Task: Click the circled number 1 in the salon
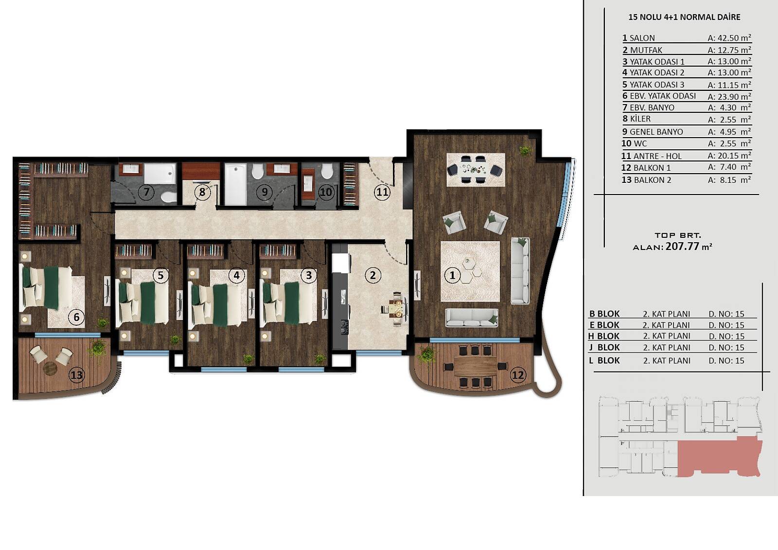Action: [452, 276]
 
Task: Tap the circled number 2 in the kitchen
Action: [372, 275]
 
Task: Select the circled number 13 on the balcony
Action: [77, 375]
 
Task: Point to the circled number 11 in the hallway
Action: [382, 192]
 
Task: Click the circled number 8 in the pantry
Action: [202, 192]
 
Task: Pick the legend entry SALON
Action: [642, 38]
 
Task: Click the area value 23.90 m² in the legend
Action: [729, 97]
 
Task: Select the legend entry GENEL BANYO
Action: [656, 132]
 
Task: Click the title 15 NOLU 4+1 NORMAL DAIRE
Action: [684, 17]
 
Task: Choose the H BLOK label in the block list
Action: [604, 336]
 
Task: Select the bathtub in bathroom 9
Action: [235, 184]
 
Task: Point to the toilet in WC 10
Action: [326, 171]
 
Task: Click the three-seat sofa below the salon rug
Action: [472, 318]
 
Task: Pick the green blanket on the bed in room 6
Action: [52, 287]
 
